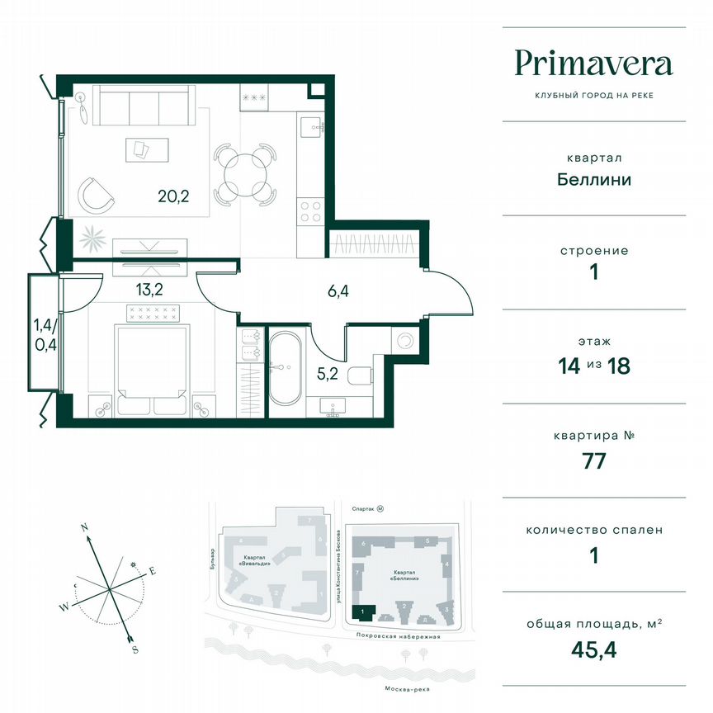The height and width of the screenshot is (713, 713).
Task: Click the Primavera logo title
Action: click(593, 64)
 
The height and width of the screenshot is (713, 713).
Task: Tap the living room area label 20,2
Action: click(174, 196)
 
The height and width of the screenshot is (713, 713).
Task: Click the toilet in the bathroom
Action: click(361, 377)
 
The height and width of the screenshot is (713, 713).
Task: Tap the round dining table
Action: click(243, 174)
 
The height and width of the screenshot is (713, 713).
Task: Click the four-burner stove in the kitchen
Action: click(310, 211)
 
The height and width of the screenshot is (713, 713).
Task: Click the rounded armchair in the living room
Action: click(97, 194)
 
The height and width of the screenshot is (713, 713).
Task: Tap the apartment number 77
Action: click(593, 460)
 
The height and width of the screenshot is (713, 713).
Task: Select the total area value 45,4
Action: click(593, 649)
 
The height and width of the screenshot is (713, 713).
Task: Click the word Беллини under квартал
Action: click(593, 178)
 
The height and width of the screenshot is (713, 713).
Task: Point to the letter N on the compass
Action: click(84, 526)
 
